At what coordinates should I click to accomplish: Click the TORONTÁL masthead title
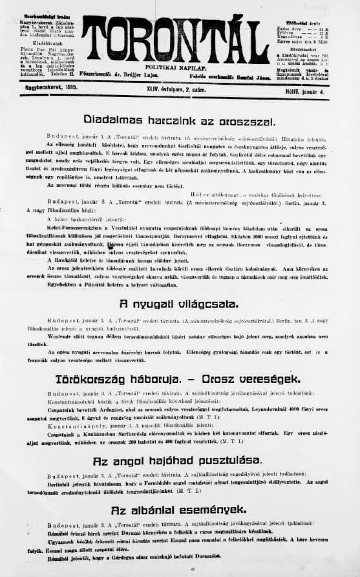tap(165, 40)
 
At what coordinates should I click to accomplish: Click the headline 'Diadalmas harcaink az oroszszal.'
tap(171, 121)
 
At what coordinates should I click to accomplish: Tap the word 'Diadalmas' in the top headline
tap(112, 121)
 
